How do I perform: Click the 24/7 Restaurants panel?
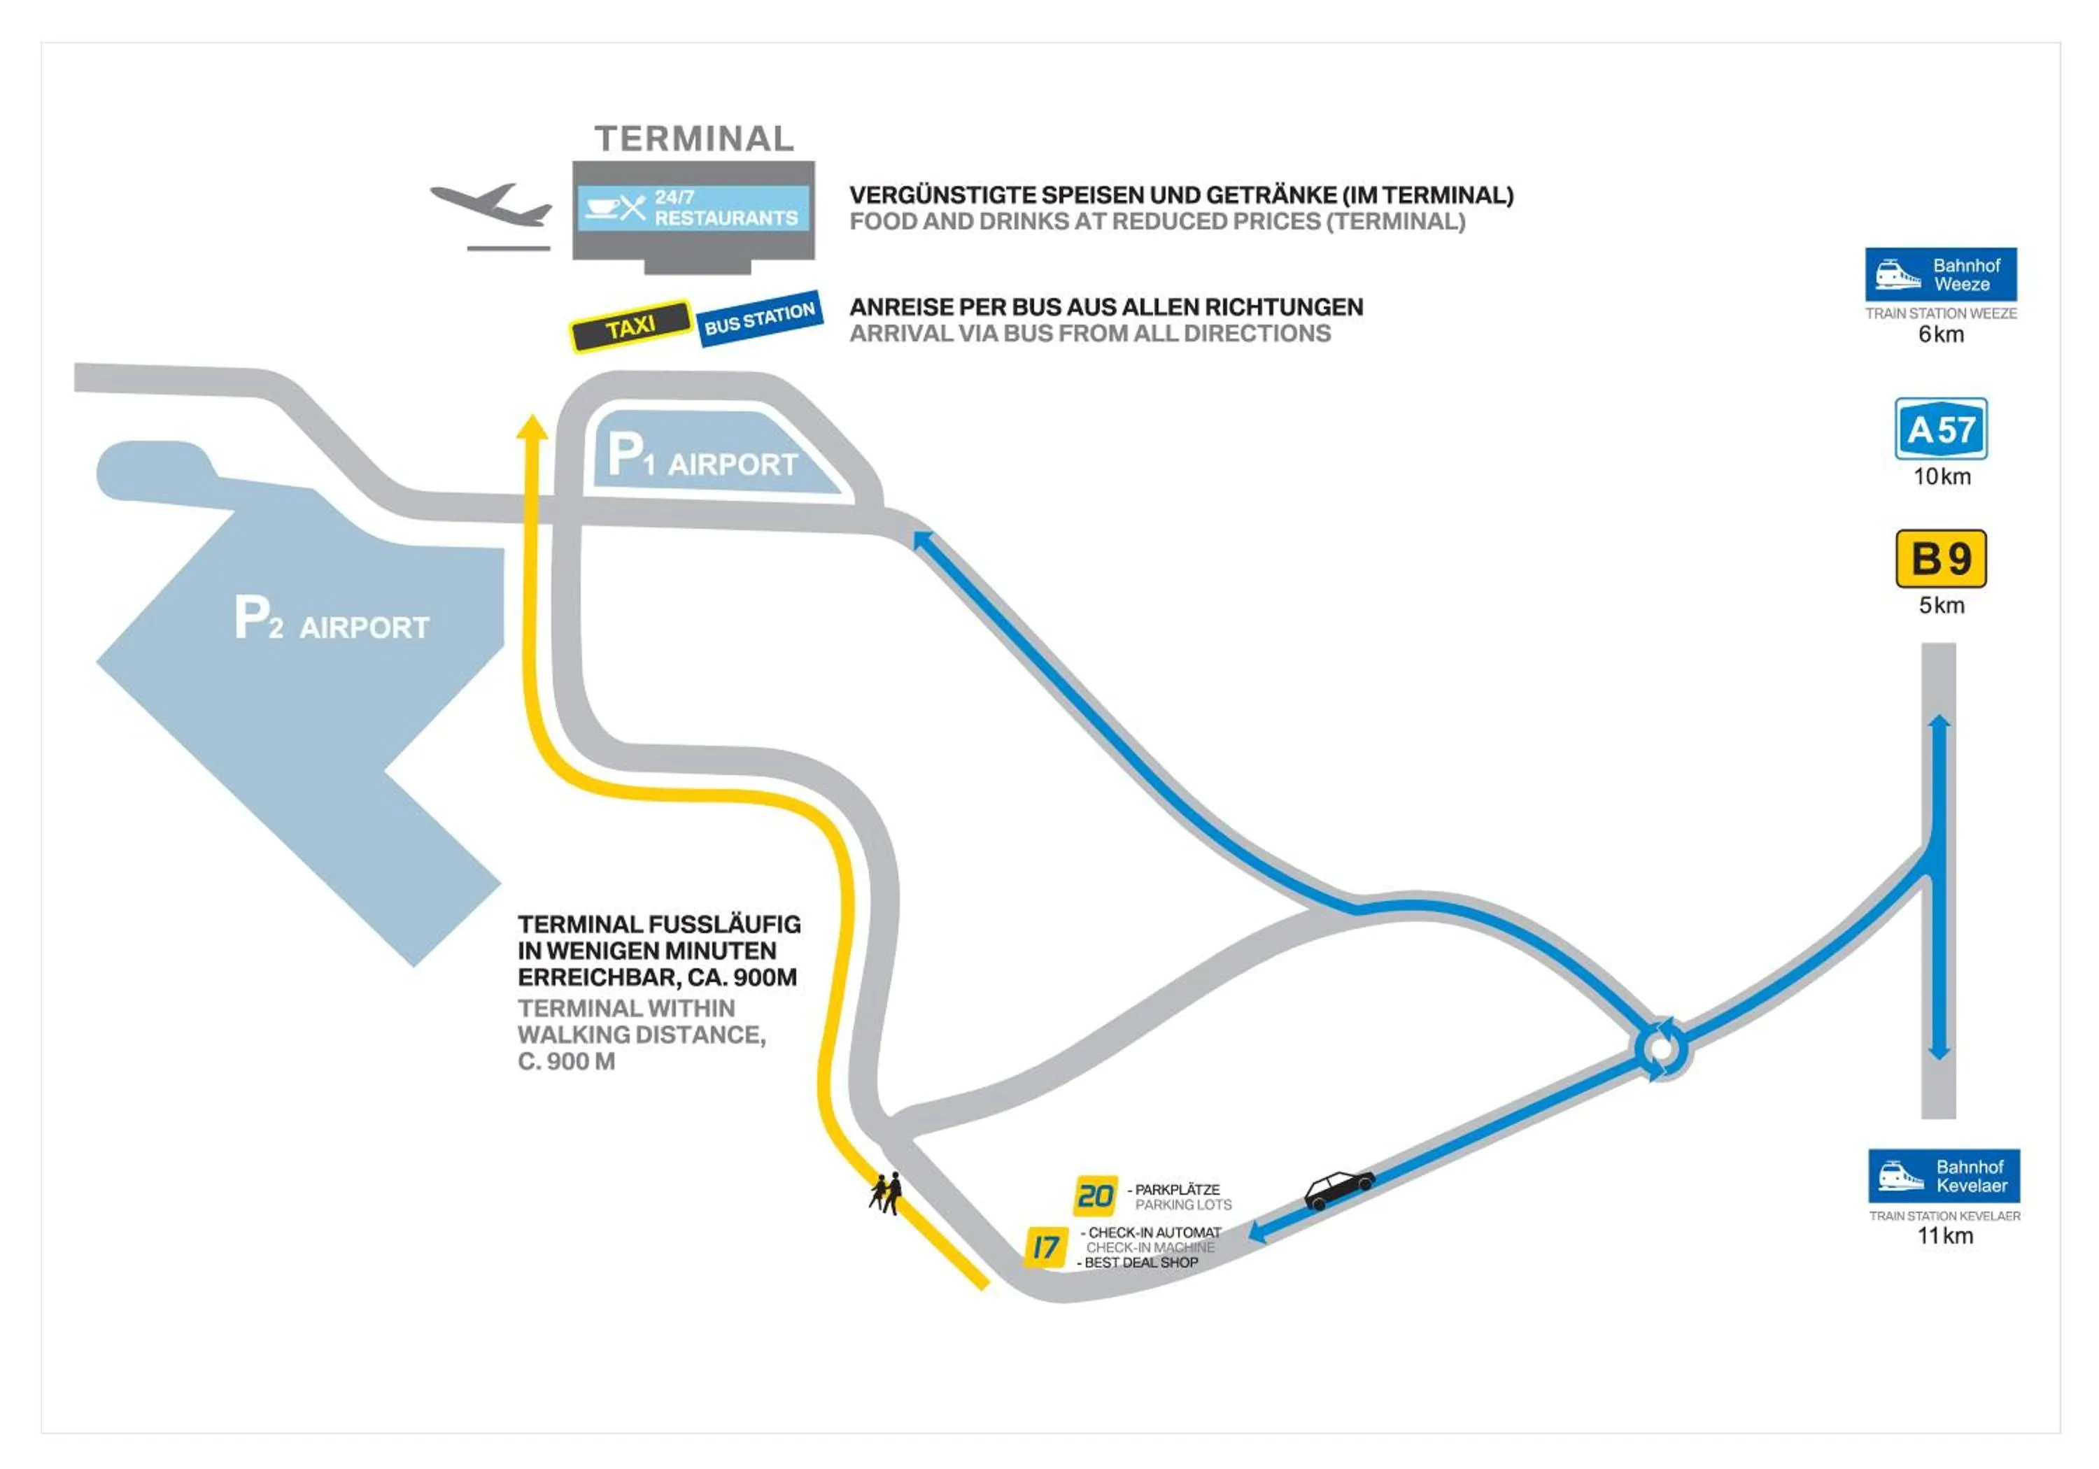[x=693, y=208]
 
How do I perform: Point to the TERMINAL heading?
[x=694, y=139]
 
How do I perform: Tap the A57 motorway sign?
[x=1941, y=429]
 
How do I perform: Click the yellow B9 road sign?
[x=1941, y=558]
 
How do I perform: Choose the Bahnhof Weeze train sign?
[x=1941, y=274]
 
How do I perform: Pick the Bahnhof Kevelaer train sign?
[x=1944, y=1176]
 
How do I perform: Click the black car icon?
[x=1338, y=1189]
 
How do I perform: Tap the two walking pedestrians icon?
[x=886, y=1193]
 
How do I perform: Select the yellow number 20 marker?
[x=1094, y=1195]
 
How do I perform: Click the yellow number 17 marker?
[x=1045, y=1247]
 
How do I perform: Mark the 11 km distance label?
[x=1944, y=1236]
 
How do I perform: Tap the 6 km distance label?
[x=1941, y=334]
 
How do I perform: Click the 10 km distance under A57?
[x=1942, y=476]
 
